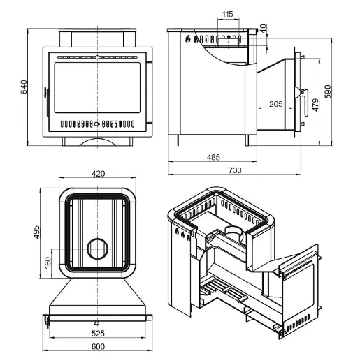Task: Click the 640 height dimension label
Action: (24, 87)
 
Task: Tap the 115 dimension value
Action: (228, 15)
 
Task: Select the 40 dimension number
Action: (263, 29)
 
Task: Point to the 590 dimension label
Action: (328, 91)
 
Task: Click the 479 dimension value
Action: (315, 105)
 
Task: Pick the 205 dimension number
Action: (276, 104)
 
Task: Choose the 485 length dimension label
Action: (213, 158)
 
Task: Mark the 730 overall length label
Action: (235, 170)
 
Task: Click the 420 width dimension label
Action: (98, 174)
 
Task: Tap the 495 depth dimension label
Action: (37, 232)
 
